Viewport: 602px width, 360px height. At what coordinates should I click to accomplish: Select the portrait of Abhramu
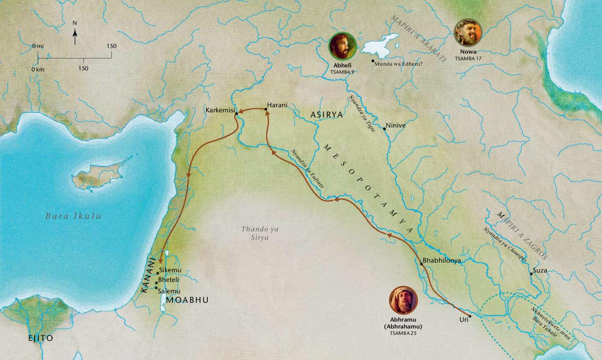tap(403, 300)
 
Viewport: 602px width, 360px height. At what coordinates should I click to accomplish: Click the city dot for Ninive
tap(385, 129)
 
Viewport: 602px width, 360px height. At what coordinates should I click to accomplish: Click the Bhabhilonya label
tap(442, 261)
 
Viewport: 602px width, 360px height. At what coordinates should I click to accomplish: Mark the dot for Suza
tap(531, 274)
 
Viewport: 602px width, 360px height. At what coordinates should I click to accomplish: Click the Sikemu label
tap(169, 270)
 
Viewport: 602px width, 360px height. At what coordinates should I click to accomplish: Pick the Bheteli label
tap(169, 280)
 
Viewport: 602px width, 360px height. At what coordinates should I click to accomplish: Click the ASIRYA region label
tap(327, 115)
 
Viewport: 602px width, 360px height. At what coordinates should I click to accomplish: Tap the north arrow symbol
tap(74, 34)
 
